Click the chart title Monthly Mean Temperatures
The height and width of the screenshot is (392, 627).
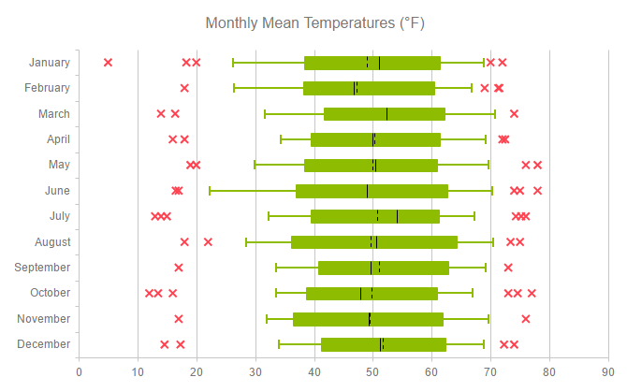320,22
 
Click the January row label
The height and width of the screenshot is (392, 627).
49,63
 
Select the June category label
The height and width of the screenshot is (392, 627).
56,191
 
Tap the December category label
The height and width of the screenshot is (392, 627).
43,344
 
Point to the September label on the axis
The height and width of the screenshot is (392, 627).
42,268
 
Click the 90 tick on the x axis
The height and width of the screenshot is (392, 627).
608,372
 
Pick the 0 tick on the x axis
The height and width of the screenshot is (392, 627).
79,372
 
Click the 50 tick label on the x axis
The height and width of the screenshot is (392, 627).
372,372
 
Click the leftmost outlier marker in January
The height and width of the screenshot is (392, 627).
108,63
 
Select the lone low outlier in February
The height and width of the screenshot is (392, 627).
184,88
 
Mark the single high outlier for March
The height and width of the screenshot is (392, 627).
514,114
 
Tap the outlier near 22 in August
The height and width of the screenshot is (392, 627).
208,242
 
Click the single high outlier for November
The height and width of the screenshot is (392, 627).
526,319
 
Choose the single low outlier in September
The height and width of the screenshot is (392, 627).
179,268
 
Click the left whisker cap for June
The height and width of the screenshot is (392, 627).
210,191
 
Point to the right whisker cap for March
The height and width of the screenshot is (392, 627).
495,114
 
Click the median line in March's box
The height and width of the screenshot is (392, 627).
386,114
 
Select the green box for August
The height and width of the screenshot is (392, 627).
374,242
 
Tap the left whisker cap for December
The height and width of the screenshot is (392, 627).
279,344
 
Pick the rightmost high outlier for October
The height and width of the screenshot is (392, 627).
532,293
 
